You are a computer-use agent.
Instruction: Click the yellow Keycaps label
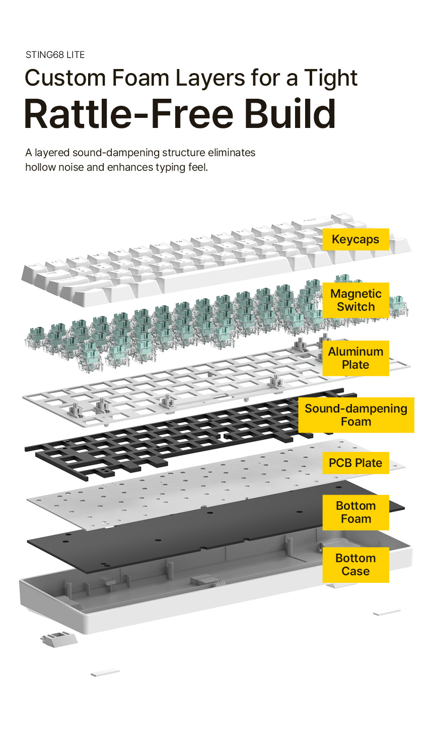pos(355,239)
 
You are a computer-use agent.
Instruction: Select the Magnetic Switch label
pos(355,300)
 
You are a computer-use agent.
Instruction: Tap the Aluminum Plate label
pos(355,358)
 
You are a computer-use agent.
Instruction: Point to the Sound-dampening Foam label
pos(355,415)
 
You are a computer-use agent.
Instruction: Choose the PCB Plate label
pos(355,463)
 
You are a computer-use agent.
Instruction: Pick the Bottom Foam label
pos(355,512)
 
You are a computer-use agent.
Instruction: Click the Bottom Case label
pos(355,565)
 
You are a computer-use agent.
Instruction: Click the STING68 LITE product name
pos(55,55)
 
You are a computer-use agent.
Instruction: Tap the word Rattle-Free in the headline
pos(129,114)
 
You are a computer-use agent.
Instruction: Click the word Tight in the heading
pos(331,79)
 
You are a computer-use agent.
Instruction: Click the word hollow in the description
pos(40,167)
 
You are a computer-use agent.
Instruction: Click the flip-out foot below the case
pos(59,639)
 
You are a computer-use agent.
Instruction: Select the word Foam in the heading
pos(140,79)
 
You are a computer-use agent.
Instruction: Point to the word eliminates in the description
pos(232,153)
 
